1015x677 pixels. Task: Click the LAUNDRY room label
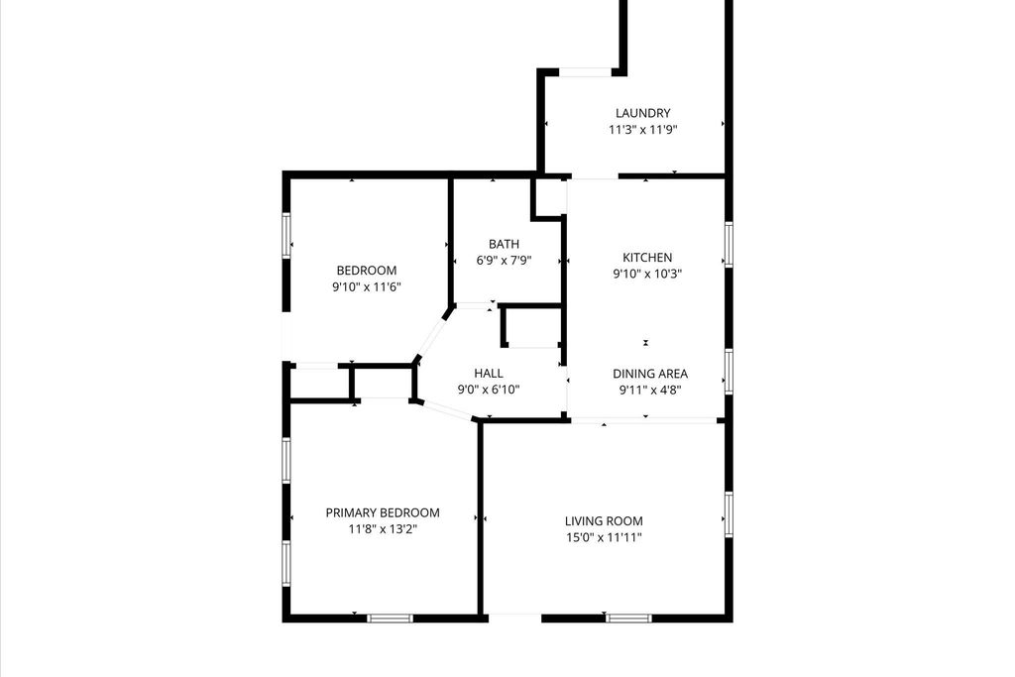tap(642, 113)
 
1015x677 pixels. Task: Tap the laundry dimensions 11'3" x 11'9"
tap(642, 130)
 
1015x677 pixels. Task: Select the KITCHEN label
tap(647, 258)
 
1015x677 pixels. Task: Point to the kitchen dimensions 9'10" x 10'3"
tap(647, 274)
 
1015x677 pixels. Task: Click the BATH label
tap(504, 244)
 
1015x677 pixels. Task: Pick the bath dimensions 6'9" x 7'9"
tap(504, 260)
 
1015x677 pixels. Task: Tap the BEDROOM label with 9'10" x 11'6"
tap(367, 271)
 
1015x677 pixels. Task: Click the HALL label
tap(489, 374)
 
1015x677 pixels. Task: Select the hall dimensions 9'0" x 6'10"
tap(489, 390)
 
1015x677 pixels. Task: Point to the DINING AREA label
tap(650, 374)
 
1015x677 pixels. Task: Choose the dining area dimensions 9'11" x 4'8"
tap(650, 390)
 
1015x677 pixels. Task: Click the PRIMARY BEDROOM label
tap(383, 512)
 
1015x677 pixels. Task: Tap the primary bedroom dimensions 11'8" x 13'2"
tap(383, 528)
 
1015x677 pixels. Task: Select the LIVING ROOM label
tap(604, 521)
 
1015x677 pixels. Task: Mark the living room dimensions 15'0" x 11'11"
tap(604, 537)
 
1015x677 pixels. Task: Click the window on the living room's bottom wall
tap(628, 619)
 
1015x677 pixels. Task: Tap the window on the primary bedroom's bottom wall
tap(390, 619)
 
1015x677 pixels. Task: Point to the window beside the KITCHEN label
tap(729, 244)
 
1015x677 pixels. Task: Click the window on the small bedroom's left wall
tap(286, 236)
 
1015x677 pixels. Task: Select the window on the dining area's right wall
tap(729, 372)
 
